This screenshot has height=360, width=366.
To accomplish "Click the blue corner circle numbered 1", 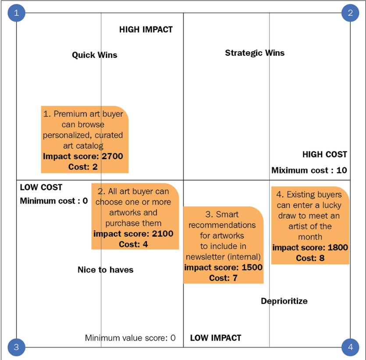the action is (16, 13).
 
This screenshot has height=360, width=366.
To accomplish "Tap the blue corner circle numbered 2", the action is (350, 13).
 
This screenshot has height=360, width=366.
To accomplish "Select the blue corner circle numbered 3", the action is (16, 347).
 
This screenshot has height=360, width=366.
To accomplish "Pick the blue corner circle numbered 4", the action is (350, 347).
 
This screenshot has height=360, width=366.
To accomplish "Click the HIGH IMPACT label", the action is (146, 30).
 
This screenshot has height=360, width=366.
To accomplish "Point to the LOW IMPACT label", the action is (216, 338).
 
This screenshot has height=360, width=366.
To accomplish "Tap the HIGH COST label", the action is (325, 154).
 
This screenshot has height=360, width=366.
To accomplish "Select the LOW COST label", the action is (41, 187).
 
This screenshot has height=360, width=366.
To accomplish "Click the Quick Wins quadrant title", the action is (95, 55).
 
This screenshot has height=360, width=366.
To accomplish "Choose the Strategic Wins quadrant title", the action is (255, 53).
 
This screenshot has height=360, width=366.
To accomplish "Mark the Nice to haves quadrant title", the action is (106, 270).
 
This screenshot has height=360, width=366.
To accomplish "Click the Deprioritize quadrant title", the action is (284, 301).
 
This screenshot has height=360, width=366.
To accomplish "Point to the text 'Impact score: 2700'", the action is (83, 156).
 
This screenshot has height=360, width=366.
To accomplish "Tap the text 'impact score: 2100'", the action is (133, 234).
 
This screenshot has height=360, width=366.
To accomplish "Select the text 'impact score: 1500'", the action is (224, 267).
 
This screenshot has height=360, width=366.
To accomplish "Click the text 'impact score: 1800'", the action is (310, 247).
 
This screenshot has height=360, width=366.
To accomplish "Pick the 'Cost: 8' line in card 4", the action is (310, 258).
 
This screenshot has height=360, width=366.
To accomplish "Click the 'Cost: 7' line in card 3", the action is (224, 278).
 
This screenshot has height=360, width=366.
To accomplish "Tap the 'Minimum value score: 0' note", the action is (130, 338).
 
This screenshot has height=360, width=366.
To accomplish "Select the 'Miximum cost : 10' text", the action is (309, 170).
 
